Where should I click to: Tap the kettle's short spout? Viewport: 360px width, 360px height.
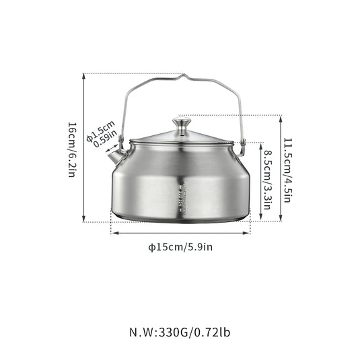pyautogui.click(x=119, y=157)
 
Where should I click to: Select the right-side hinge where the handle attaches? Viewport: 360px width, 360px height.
pyautogui.click(x=241, y=142)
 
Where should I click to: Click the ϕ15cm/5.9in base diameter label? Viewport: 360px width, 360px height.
pyautogui.click(x=180, y=247)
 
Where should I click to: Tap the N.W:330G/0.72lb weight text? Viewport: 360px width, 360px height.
pyautogui.click(x=180, y=332)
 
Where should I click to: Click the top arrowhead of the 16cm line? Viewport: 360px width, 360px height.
pyautogui.click(x=83, y=76)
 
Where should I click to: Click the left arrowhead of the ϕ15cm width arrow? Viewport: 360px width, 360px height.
pyautogui.click(x=113, y=233)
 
